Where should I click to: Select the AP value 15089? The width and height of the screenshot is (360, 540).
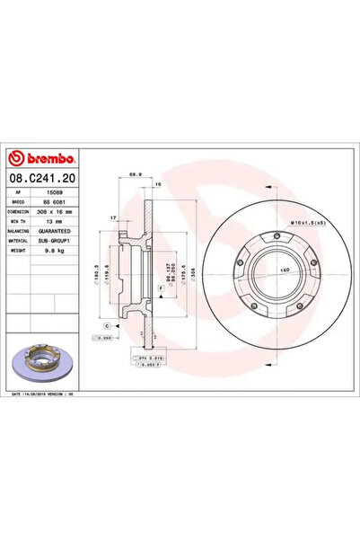[56, 192]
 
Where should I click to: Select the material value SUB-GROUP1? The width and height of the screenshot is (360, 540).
[62, 240]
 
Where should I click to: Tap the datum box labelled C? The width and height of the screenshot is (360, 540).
[106, 324]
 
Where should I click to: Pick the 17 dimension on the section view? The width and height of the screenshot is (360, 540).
[112, 217]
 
